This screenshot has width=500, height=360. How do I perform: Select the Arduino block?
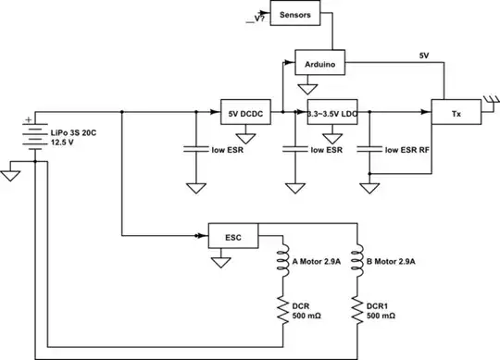pos(320,64)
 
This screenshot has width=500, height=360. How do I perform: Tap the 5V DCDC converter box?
pos(244,114)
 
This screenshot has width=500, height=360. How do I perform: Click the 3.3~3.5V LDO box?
pos(332,114)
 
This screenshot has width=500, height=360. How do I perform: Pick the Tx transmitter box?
pos(455,114)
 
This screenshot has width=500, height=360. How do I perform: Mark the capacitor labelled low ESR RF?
pos(370,148)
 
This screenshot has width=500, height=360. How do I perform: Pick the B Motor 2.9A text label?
pos(393,262)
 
